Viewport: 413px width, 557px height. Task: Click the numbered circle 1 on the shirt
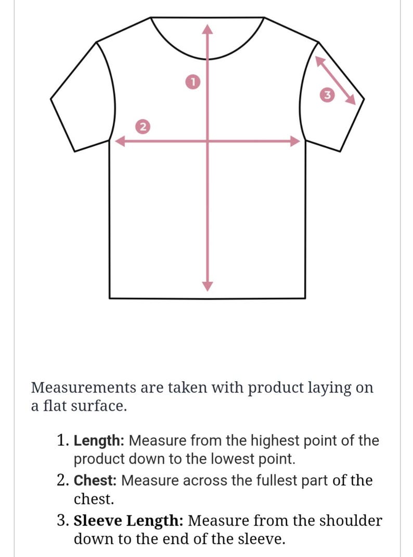192,82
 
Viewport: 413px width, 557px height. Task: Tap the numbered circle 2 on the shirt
143,127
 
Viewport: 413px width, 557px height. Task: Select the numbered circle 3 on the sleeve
327,95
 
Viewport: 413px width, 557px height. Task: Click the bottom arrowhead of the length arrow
207,286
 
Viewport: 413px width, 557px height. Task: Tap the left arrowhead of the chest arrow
120,141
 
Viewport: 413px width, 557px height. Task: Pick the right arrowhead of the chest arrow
295,141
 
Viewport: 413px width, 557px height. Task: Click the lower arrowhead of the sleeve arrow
351,99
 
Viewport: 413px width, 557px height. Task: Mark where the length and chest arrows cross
207,141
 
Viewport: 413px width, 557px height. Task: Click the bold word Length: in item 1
99,441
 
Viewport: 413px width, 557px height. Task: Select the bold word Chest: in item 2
95,481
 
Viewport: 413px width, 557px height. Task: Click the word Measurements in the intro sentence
84,387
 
